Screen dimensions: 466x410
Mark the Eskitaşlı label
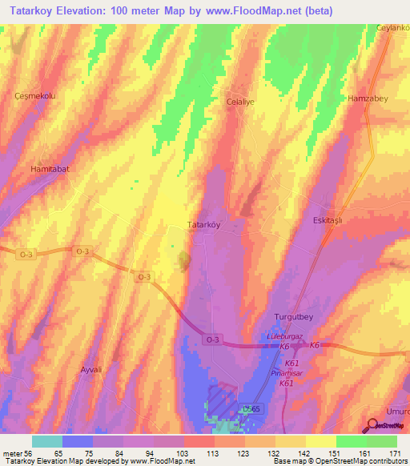(327, 219)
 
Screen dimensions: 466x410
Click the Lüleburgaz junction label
(281, 337)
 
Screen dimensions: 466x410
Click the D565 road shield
(252, 408)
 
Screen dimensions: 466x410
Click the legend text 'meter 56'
(16, 453)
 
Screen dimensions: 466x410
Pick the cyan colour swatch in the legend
(46, 441)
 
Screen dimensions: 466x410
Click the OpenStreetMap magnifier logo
(372, 424)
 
